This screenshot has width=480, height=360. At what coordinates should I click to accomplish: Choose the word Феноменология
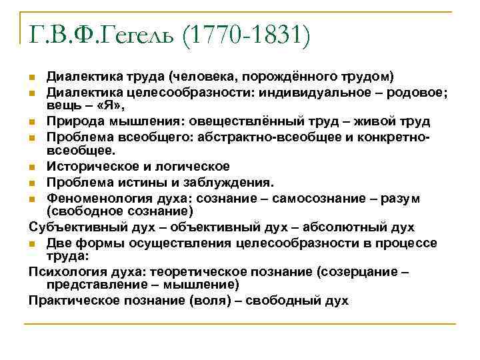click(94, 198)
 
